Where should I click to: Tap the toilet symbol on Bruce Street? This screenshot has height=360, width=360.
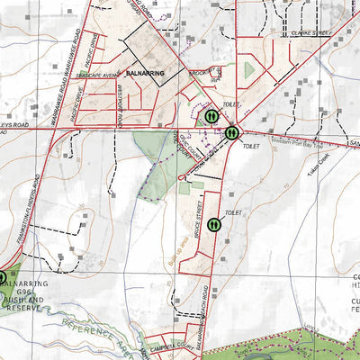point(215,224)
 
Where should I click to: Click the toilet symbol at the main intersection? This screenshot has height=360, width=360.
point(232,132)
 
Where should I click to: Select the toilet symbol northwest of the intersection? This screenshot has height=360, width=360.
point(210,116)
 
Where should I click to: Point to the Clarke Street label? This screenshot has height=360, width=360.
point(311,33)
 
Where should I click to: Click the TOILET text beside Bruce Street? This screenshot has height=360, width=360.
point(235,212)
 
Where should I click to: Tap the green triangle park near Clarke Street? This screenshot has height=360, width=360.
point(249,69)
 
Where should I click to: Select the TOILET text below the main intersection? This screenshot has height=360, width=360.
point(250,144)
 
